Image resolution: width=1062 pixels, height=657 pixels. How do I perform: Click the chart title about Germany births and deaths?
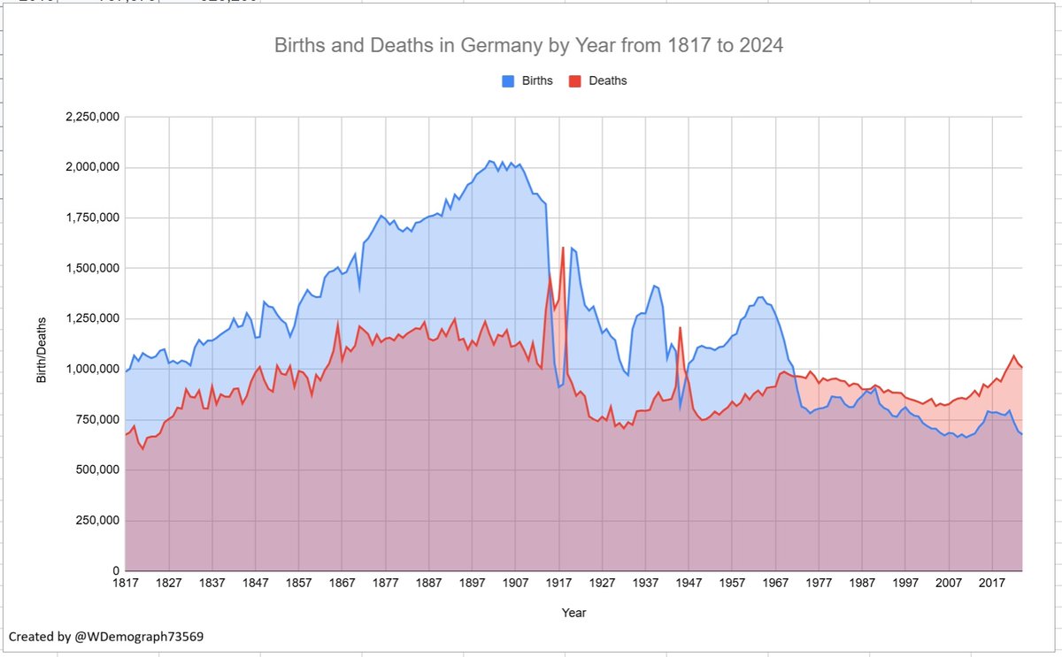[x=529, y=45]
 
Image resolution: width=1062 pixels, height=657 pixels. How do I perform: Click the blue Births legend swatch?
[x=509, y=80]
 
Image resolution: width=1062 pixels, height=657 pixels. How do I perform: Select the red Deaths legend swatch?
[x=574, y=80]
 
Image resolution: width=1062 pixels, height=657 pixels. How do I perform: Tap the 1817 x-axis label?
[x=126, y=584]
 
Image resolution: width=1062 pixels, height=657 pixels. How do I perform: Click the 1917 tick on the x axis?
[x=558, y=584]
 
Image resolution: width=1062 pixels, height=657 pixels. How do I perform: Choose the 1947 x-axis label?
[x=689, y=584]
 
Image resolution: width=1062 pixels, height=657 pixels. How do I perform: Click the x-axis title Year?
[x=573, y=612]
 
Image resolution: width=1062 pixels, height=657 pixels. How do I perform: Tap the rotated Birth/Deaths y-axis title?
[x=41, y=345]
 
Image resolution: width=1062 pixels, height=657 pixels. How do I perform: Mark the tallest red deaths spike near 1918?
[x=563, y=248]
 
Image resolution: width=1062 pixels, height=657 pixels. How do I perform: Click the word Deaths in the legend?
[x=608, y=80]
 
